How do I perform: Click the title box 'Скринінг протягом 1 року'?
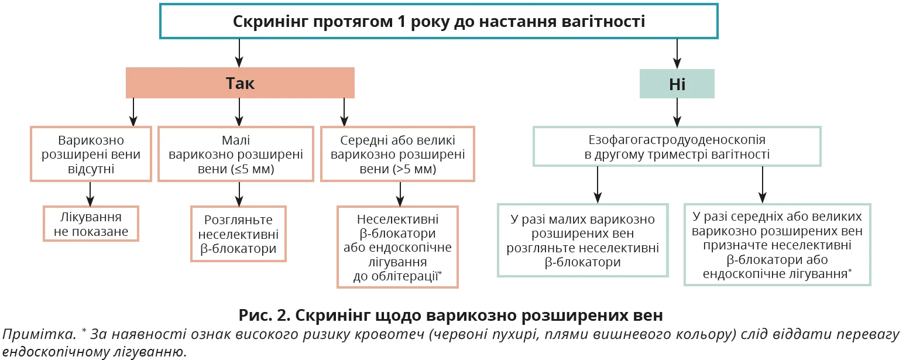(x=439, y=22)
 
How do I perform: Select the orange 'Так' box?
(x=240, y=83)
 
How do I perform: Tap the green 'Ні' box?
(x=677, y=84)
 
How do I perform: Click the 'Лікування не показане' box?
(x=91, y=224)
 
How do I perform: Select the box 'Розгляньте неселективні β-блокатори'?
(x=238, y=234)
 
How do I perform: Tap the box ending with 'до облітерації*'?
(x=397, y=246)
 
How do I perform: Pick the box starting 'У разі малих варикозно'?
(x=582, y=240)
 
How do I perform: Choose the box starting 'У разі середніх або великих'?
(x=777, y=244)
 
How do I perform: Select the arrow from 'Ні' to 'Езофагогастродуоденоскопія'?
(x=677, y=112)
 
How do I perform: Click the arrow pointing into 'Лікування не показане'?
(x=91, y=193)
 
